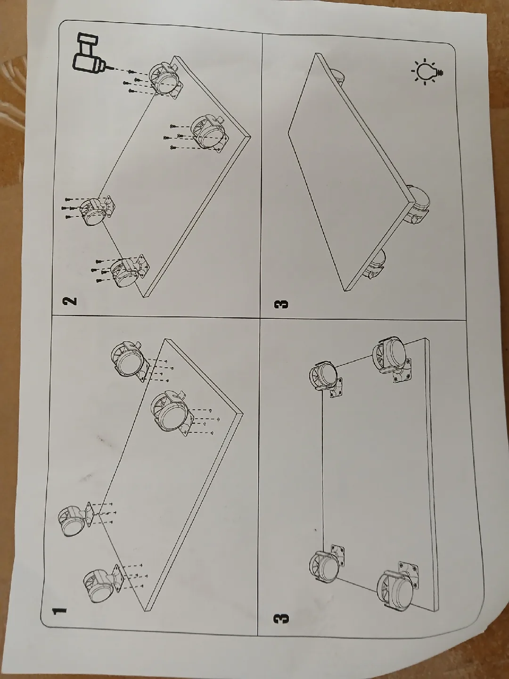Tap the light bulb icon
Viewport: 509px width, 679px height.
427,72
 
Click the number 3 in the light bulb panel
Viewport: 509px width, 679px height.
281,304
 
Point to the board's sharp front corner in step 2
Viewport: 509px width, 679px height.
250,135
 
